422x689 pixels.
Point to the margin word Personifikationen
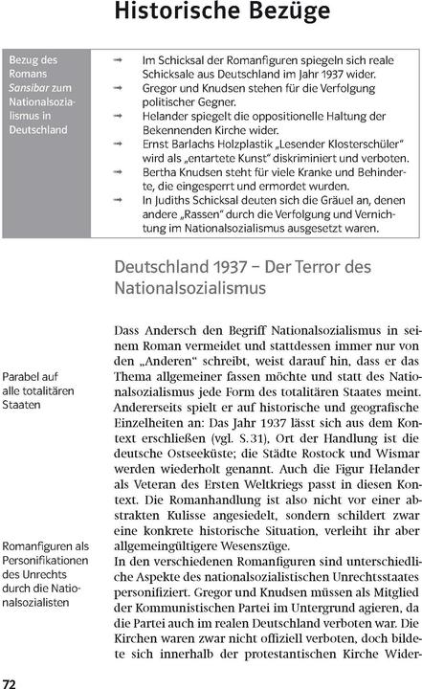point(47,561)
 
